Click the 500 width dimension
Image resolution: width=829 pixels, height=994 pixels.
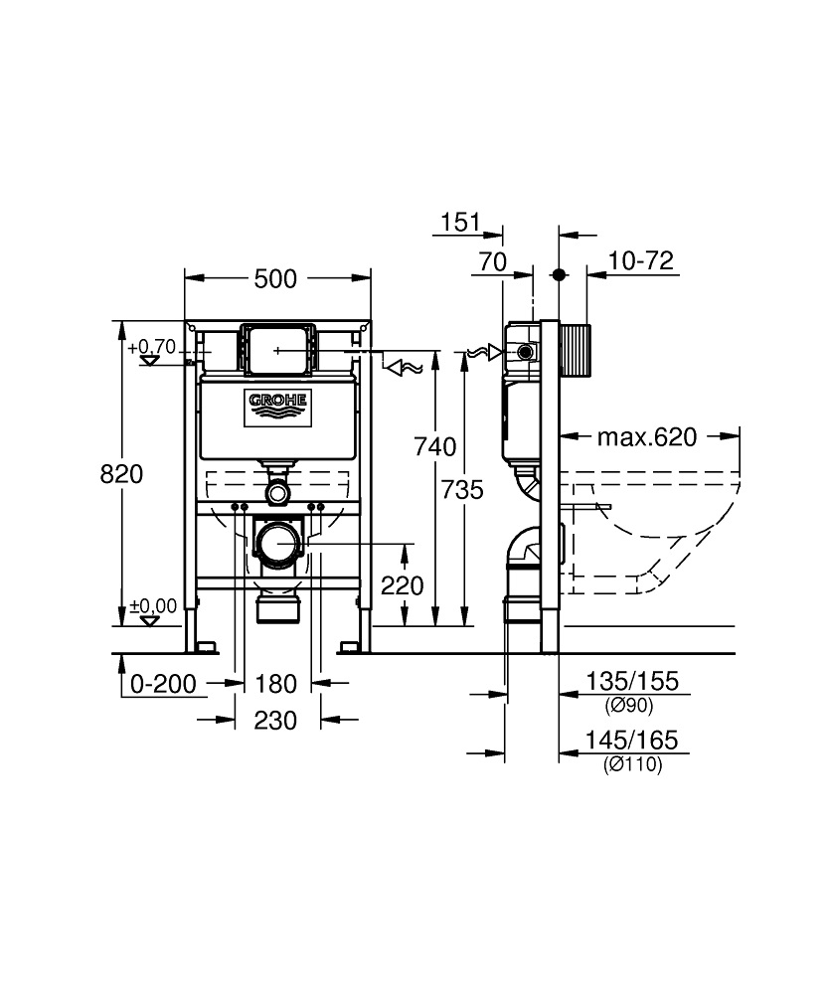[x=275, y=279]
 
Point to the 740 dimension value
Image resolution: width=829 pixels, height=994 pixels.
[x=434, y=446]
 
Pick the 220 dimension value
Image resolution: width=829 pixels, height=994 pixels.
[x=403, y=585]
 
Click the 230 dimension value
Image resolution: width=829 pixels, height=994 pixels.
[x=276, y=721]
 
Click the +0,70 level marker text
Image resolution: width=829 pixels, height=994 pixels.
[x=151, y=347]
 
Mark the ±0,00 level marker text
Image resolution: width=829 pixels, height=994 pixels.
[x=152, y=605]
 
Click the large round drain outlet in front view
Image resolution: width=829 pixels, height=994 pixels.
[x=278, y=543]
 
